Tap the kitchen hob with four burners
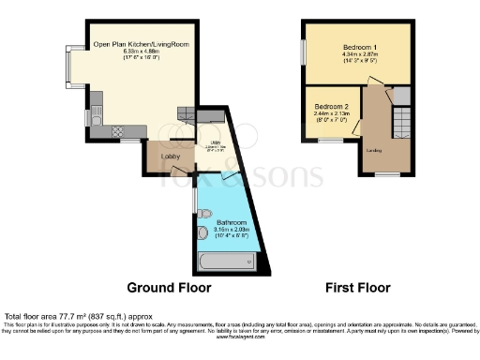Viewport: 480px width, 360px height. (118, 130)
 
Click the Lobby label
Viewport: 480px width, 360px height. (171, 156)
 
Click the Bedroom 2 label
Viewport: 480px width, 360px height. (331, 106)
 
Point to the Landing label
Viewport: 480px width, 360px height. (372, 150)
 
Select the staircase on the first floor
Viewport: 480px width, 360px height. (400, 122)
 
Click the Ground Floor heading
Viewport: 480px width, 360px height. (169, 288)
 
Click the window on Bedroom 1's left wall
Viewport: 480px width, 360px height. (302, 51)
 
